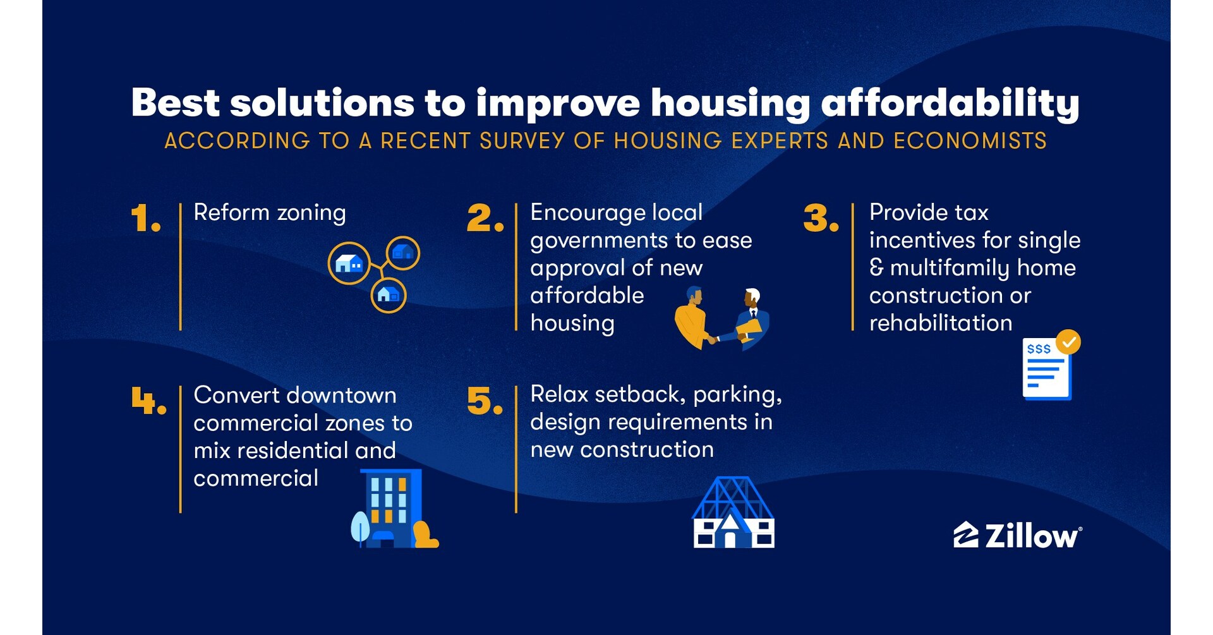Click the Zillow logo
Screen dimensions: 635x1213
(x=1017, y=536)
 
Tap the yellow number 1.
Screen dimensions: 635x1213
(x=145, y=218)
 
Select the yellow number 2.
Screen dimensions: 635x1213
(x=484, y=218)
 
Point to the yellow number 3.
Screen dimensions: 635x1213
(x=820, y=218)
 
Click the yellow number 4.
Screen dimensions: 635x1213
(x=148, y=401)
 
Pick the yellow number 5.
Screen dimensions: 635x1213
(x=484, y=401)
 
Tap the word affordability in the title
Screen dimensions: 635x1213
(x=950, y=103)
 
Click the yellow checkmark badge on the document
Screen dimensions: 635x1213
(x=1068, y=342)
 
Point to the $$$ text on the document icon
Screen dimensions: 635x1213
(x=1039, y=349)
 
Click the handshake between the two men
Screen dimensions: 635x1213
(x=713, y=339)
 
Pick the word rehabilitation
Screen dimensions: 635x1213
(x=940, y=323)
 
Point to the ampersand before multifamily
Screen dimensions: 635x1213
(x=876, y=267)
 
